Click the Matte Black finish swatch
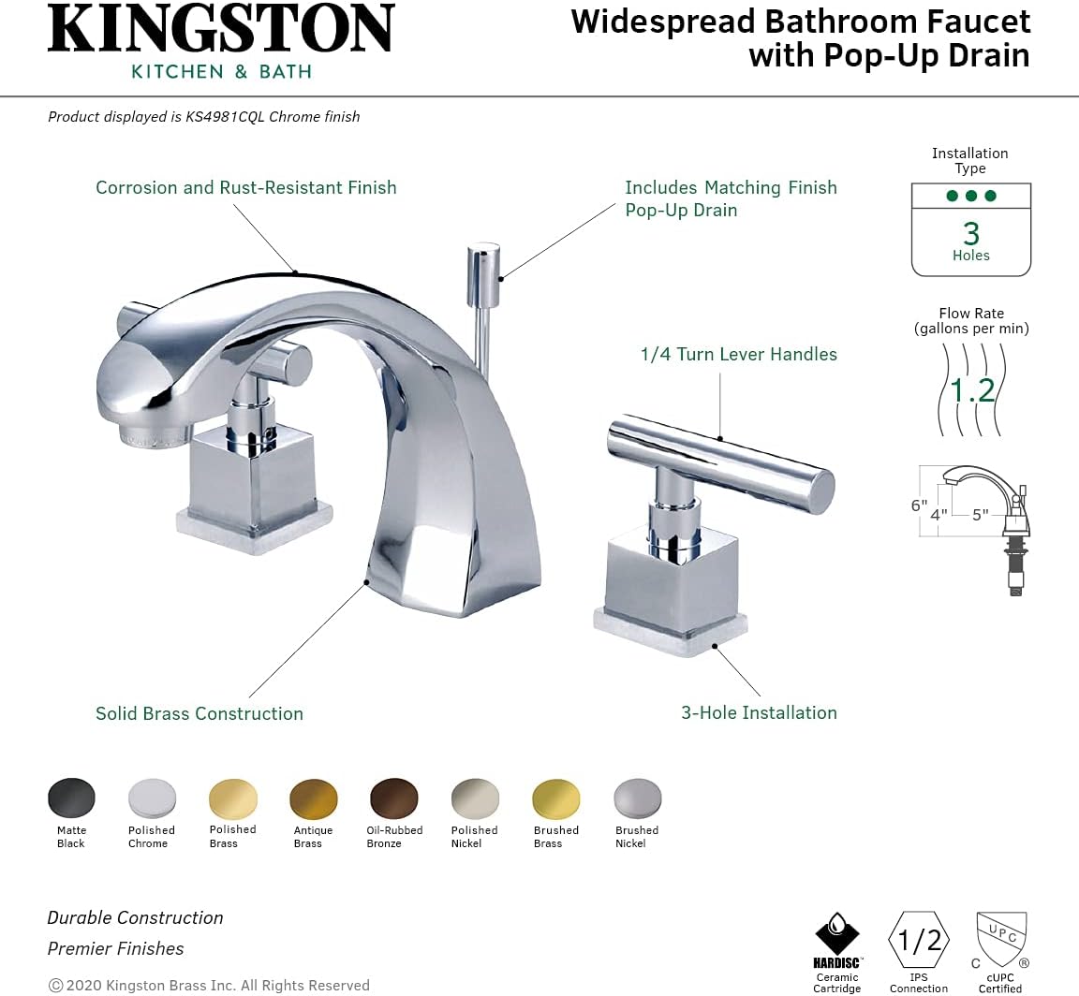[x=71, y=798]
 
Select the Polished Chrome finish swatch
[x=152, y=798]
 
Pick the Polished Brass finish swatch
[x=233, y=798]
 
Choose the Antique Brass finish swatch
[x=314, y=798]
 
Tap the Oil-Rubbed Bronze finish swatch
[x=394, y=798]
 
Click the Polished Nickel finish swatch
[x=475, y=798]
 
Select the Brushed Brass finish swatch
[x=556, y=798]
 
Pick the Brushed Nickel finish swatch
[x=637, y=798]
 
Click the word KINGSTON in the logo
[x=221, y=30]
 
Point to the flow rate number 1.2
[x=972, y=388]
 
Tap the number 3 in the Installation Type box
[x=971, y=233]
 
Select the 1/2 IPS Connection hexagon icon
[x=919, y=940]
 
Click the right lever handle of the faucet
[x=721, y=465]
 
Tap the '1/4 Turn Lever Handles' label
[x=738, y=354]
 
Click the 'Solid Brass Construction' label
[x=200, y=713]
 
